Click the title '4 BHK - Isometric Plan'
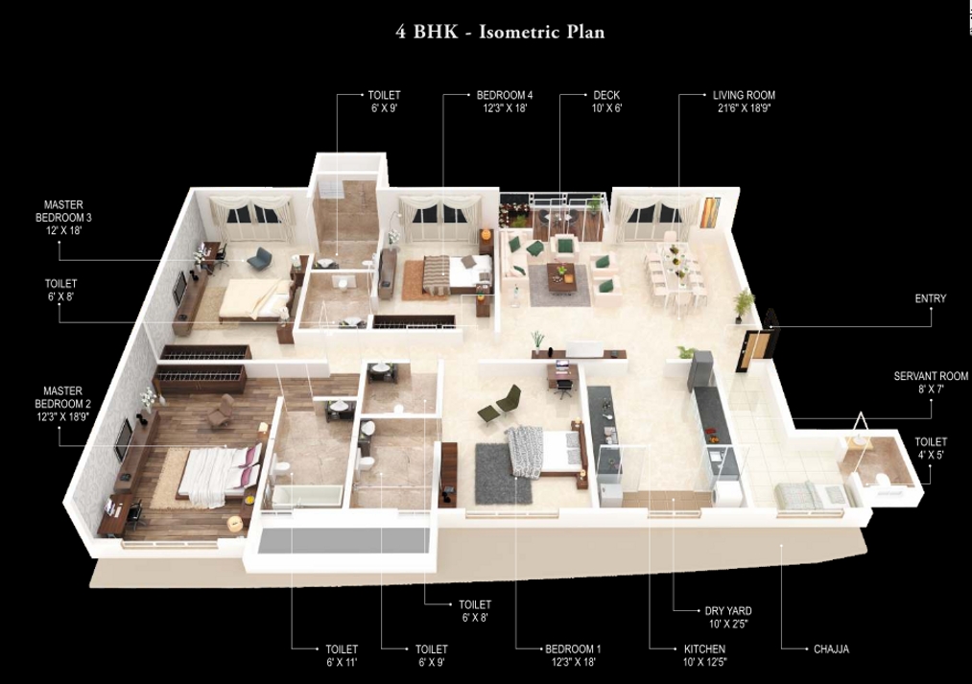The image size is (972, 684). coord(500,32)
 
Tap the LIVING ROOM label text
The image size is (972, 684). coord(744,102)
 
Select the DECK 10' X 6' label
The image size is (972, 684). coord(606,102)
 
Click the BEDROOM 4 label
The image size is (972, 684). coord(504,102)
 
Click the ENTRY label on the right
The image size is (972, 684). coord(930,299)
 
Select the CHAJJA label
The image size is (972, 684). coord(830,649)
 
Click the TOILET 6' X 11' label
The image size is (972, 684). coord(341,655)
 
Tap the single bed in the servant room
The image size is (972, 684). coord(796,494)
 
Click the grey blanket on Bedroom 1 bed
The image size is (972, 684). coord(526,449)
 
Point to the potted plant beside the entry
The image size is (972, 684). coord(743,306)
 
